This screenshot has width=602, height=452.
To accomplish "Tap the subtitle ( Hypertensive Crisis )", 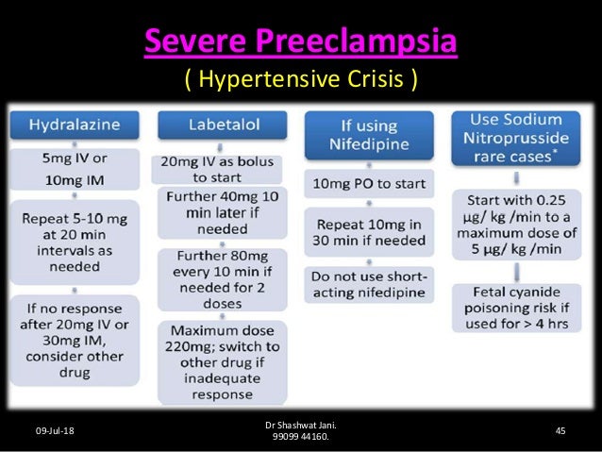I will pos(300,81).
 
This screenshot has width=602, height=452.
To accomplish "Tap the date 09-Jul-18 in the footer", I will pos(55,431).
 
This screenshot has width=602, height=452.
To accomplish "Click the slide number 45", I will pos(560,431).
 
